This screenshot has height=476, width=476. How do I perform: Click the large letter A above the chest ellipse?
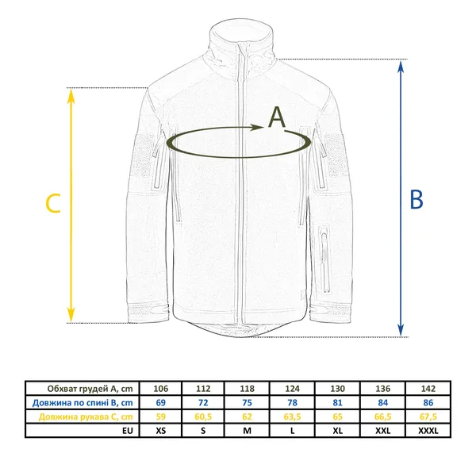pos(277,117)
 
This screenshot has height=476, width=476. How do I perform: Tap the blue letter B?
pos(416,199)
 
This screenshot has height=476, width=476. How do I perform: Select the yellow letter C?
pos(53,203)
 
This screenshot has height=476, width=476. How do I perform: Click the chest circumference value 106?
pos(161,389)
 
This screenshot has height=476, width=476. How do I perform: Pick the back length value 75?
pos(247,402)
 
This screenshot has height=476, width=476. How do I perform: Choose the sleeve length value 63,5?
pos(292,416)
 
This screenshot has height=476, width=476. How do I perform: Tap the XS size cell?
pos(161,431)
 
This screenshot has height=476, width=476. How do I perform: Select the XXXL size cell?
pos(428,431)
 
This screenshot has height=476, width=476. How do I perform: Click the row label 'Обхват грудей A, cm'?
pos(90,389)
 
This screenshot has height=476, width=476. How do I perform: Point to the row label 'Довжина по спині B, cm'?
pos(83,403)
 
